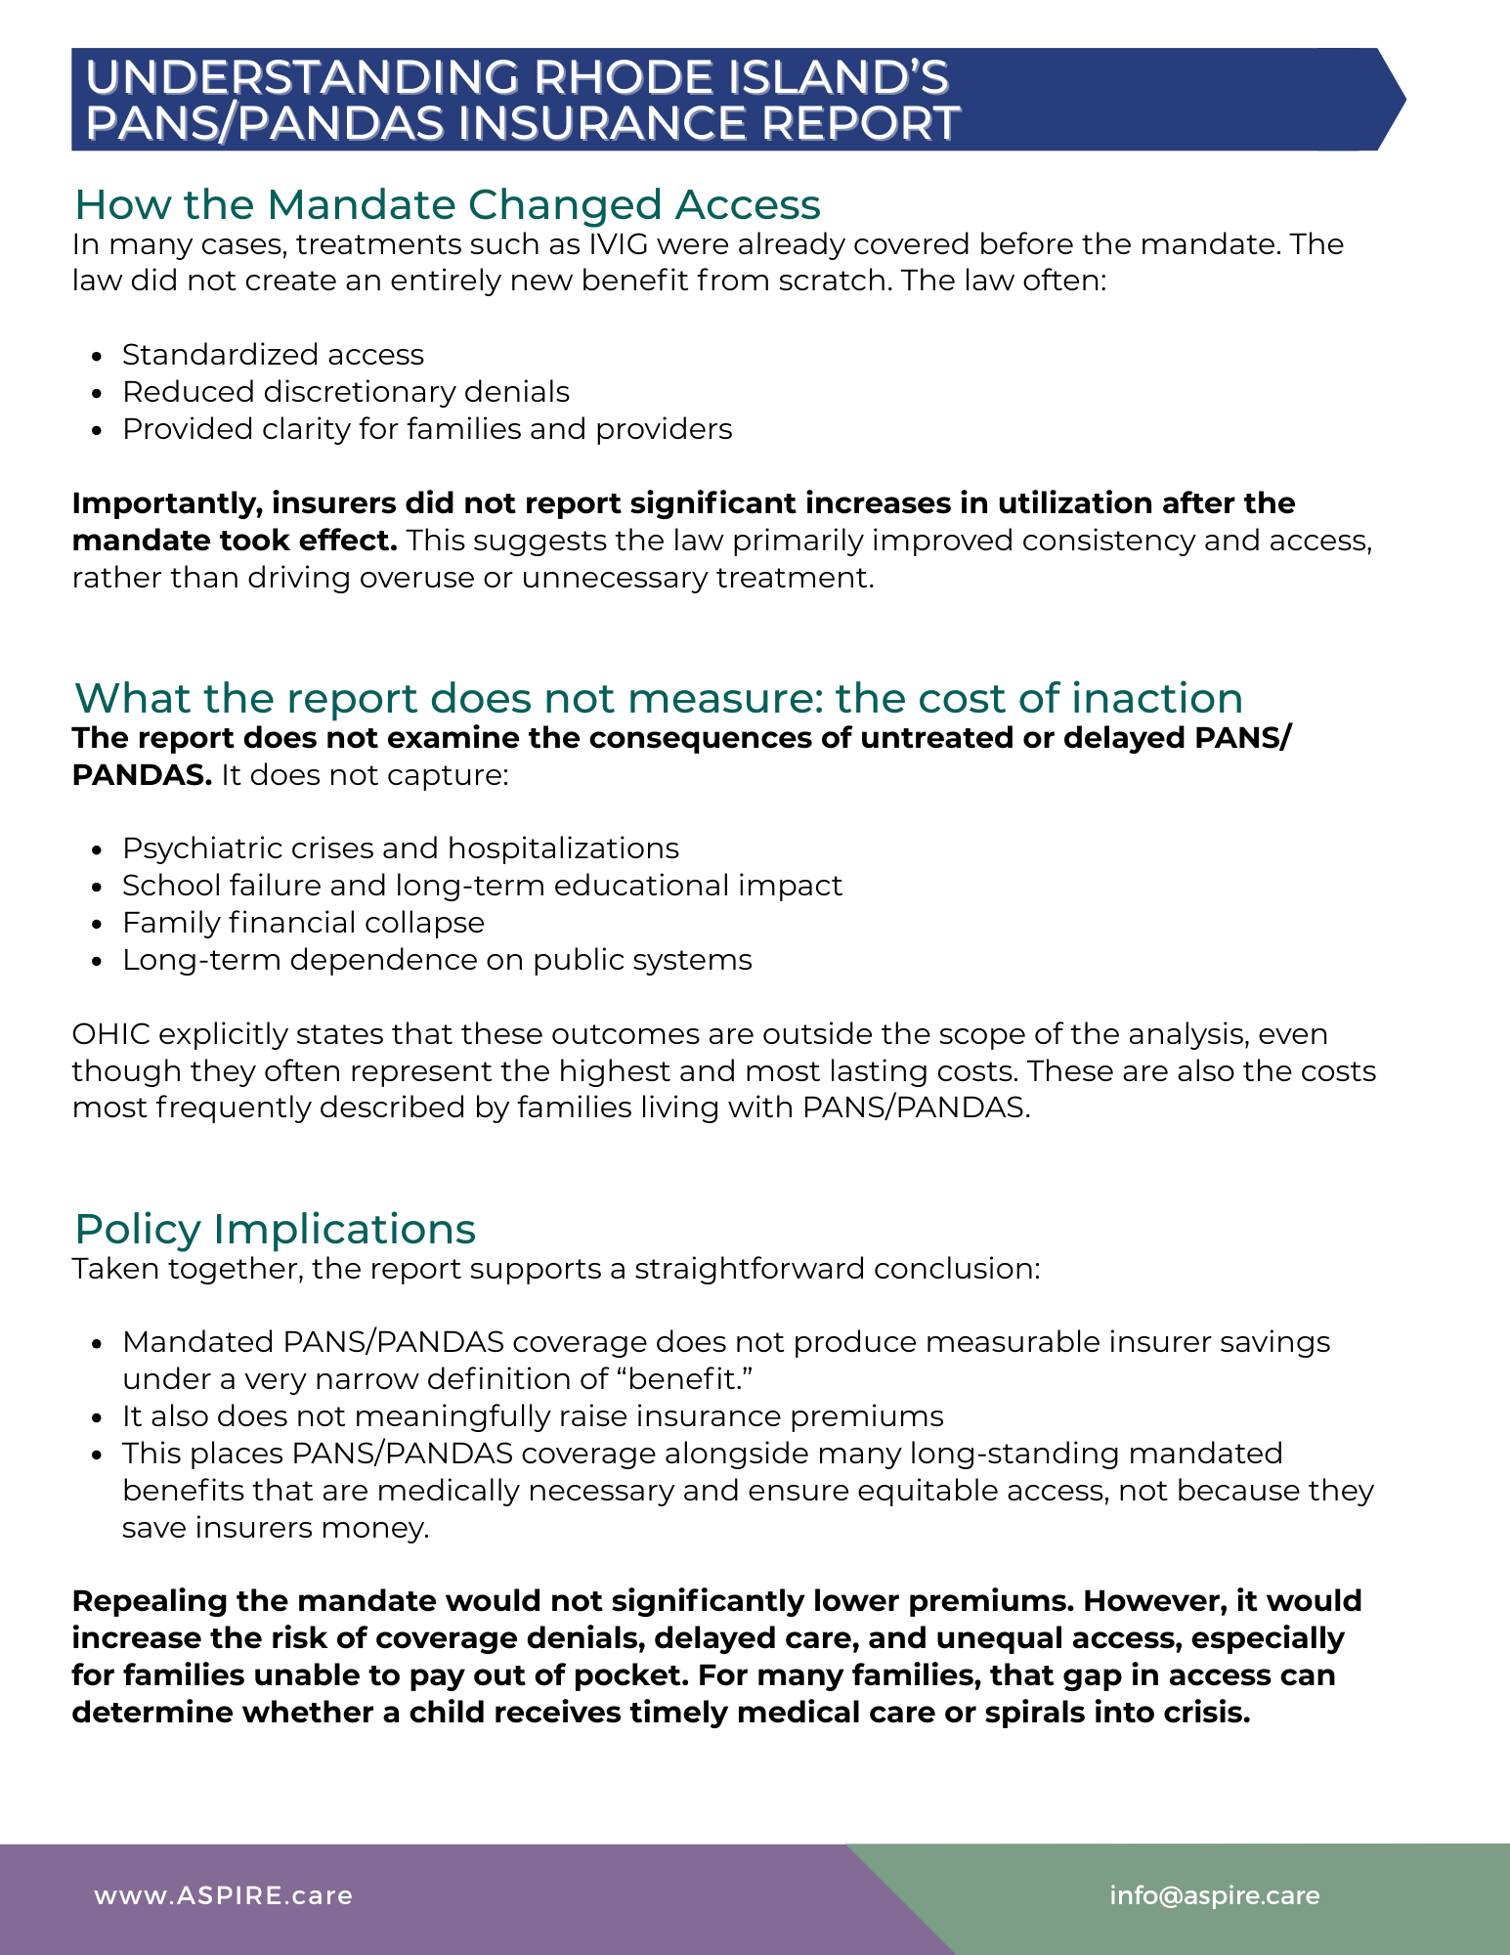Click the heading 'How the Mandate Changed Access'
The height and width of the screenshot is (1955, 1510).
pyautogui.click(x=447, y=205)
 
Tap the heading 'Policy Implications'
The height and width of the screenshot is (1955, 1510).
pyautogui.click(x=275, y=1230)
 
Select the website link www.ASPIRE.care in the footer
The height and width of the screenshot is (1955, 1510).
pyautogui.click(x=223, y=1895)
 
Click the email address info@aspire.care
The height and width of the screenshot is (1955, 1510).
pyautogui.click(x=1214, y=1895)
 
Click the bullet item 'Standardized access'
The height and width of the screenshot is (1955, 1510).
pyautogui.click(x=273, y=355)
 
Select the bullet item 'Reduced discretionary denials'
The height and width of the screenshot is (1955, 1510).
pyautogui.click(x=345, y=392)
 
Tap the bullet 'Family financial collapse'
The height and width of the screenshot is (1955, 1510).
pyautogui.click(x=303, y=923)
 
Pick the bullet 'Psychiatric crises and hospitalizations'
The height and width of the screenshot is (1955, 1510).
pyautogui.click(x=400, y=848)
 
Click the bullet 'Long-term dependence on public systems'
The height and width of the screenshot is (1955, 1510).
pyautogui.click(x=437, y=960)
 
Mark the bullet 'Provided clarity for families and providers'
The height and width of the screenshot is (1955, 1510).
pyautogui.click(x=427, y=429)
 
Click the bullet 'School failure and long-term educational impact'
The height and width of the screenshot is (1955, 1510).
pyautogui.click(x=482, y=886)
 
